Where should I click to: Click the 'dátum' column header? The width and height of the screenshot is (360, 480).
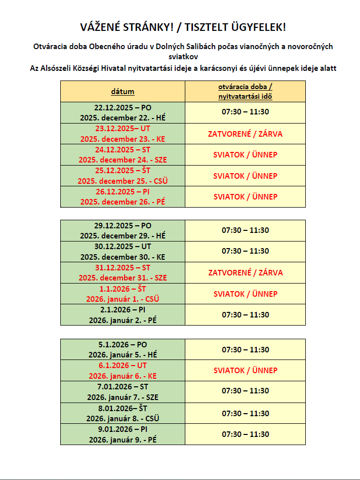123,92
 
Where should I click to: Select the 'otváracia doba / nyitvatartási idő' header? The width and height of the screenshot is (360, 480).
245,92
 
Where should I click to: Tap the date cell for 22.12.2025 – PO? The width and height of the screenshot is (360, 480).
123,112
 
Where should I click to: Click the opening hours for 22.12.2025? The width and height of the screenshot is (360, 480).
245,112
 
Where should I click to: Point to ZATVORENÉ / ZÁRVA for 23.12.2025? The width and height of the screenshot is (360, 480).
245,134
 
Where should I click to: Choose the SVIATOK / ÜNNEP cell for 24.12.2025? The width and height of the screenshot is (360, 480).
245,154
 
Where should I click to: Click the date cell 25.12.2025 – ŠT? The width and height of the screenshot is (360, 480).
123,176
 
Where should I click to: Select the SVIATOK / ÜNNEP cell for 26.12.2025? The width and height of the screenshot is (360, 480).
245,196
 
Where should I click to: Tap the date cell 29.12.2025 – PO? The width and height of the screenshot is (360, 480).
123,230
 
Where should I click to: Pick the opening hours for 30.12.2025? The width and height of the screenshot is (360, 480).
245,251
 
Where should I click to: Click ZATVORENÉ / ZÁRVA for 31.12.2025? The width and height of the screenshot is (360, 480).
245,272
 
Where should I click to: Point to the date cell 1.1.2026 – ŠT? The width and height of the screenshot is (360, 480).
123,294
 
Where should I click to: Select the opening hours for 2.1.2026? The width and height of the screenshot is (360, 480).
245,314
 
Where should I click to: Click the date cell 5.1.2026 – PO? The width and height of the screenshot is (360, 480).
123,349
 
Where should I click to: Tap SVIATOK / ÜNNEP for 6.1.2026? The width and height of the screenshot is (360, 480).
245,370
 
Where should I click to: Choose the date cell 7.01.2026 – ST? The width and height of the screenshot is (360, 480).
123,391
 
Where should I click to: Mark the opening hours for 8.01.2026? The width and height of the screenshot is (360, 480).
245,413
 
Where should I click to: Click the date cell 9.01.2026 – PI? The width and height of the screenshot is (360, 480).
123,434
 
